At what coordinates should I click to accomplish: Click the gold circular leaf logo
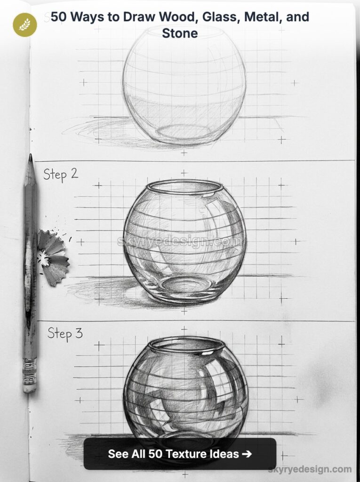[24, 25]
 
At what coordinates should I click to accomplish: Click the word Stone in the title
[180, 33]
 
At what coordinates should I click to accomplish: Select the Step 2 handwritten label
[61, 175]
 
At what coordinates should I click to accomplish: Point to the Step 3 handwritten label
[65, 334]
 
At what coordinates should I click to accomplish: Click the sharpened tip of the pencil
[30, 158]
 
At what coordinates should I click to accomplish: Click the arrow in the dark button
[247, 454]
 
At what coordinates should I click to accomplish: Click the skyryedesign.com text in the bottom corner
[310, 469]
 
